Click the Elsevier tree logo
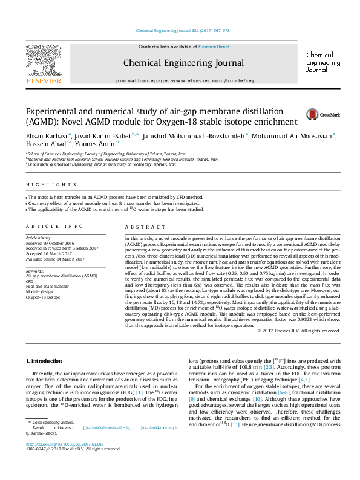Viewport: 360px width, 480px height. [43, 59]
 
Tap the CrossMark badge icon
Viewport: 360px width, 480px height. [329, 114]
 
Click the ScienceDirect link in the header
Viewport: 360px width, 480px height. [214, 47]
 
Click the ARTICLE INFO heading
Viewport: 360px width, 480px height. [54, 227]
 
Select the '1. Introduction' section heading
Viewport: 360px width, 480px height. [45, 360]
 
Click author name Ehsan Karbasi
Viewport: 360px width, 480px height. [46, 135]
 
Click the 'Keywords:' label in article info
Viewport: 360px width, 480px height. [35, 271]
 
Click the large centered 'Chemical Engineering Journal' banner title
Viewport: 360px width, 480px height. [183, 62]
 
